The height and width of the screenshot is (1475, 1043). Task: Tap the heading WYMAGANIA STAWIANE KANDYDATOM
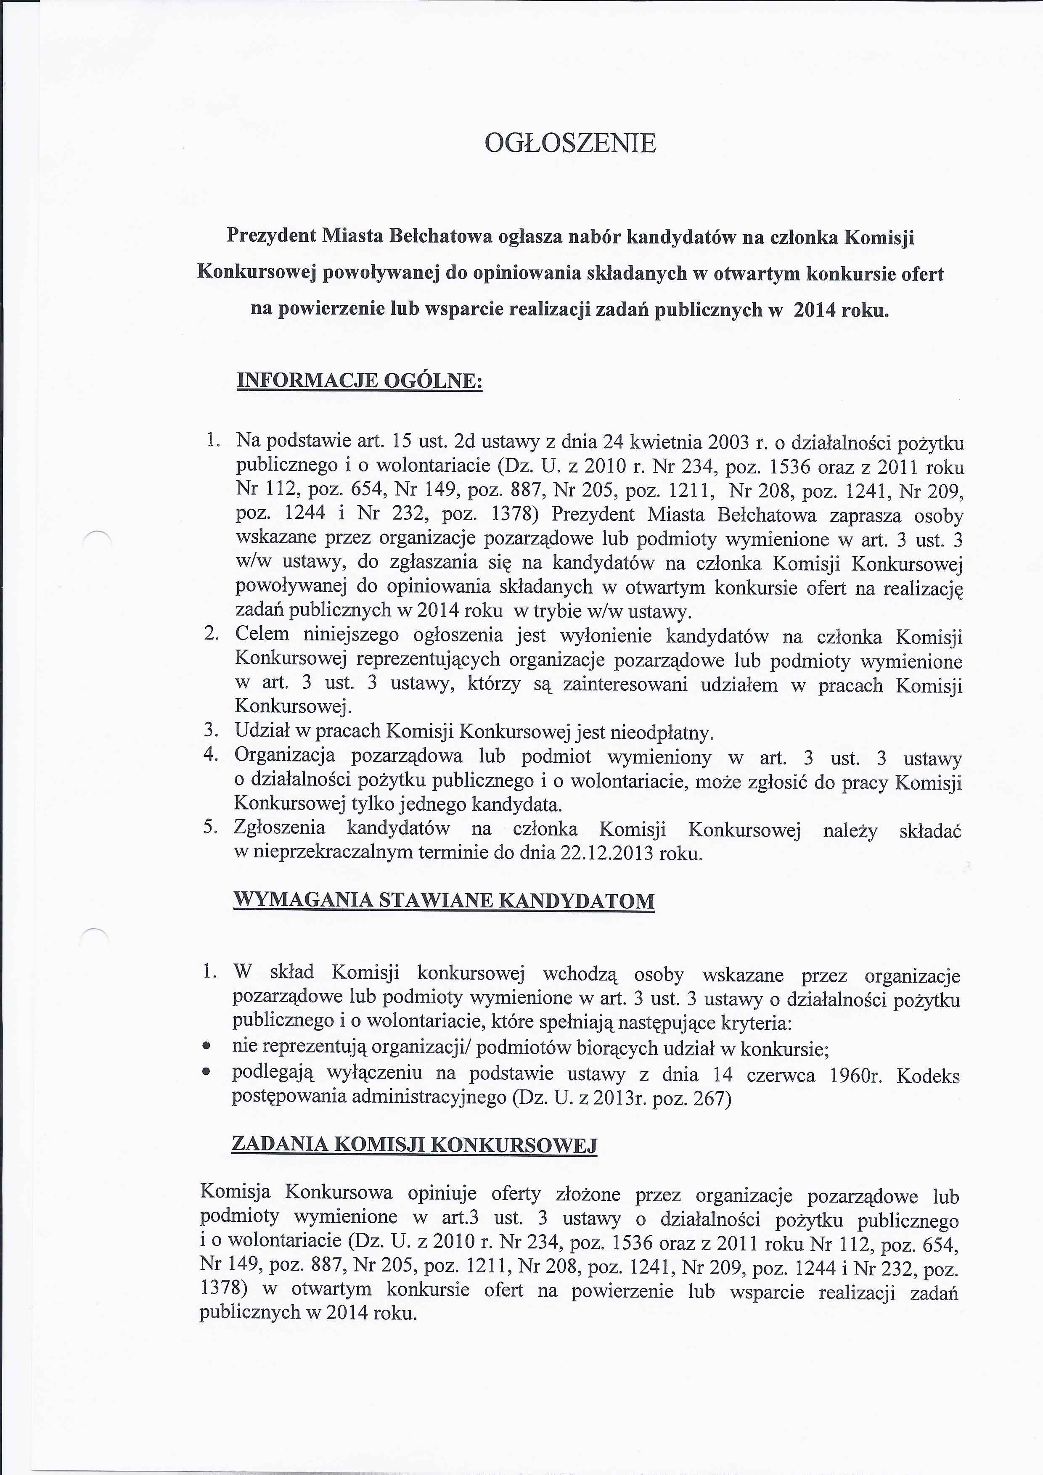[443, 900]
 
